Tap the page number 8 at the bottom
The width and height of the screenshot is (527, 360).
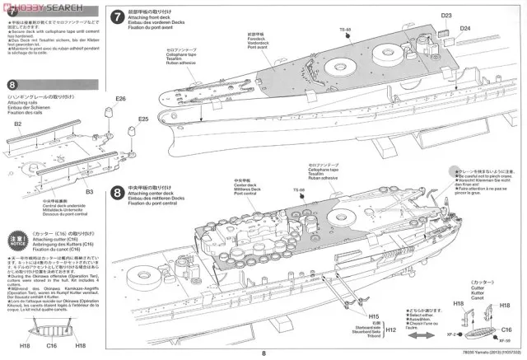[263, 353]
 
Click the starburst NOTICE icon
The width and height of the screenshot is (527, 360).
[16, 244]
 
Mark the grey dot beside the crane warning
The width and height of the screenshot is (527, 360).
[453, 171]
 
